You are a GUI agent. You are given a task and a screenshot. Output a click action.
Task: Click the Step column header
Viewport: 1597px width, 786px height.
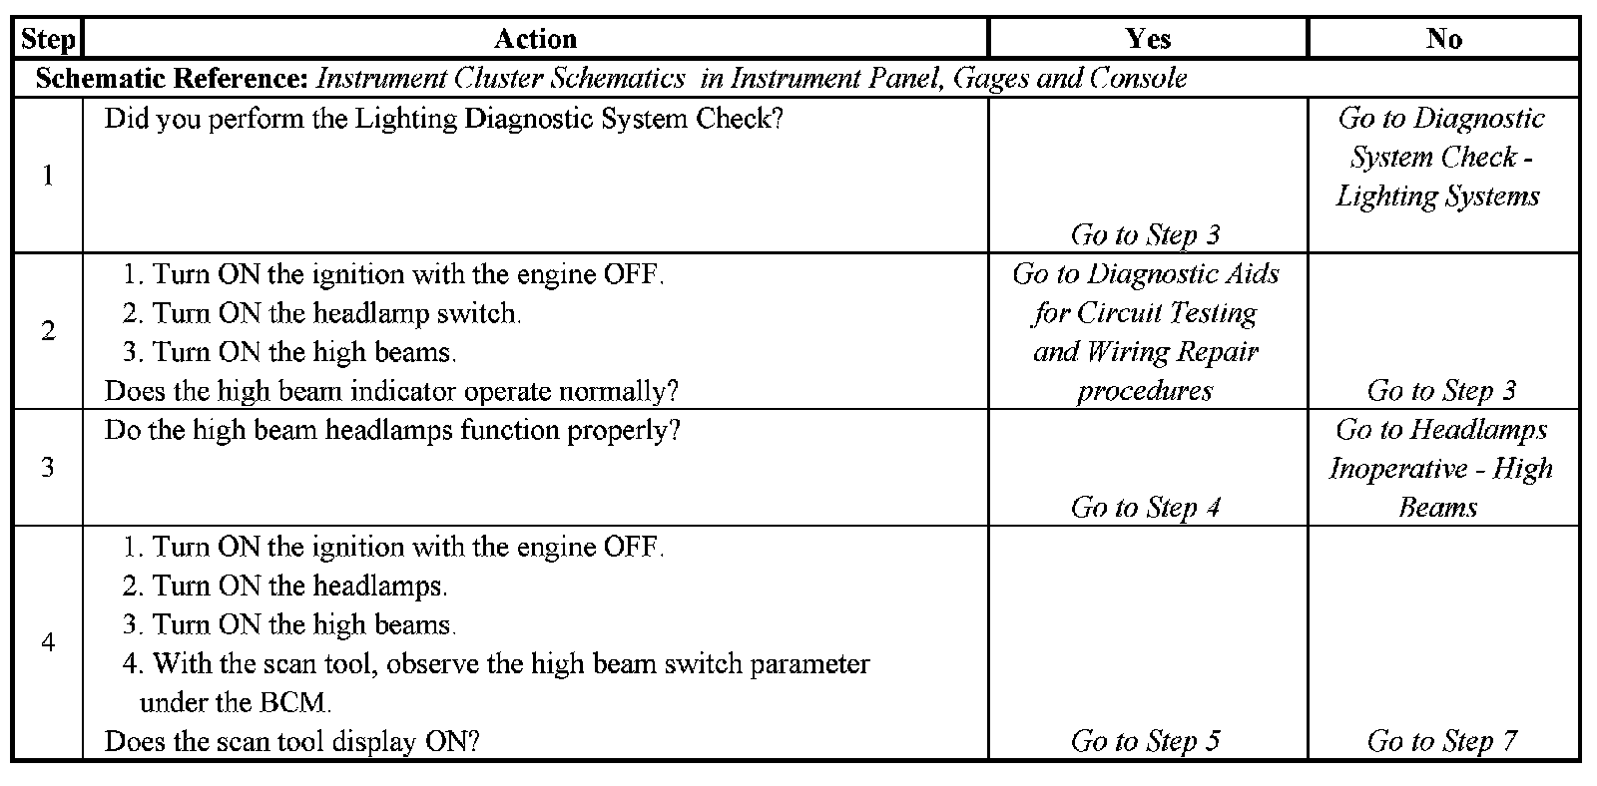coord(47,39)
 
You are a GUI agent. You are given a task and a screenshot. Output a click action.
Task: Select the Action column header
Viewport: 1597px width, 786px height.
coord(535,39)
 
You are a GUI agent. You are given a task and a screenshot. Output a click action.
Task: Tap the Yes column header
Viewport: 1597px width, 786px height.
coord(1147,39)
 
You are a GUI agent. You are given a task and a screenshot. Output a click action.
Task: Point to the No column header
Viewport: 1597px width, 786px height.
coord(1443,39)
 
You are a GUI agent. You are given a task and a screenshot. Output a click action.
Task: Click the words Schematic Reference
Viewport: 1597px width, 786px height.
coord(175,78)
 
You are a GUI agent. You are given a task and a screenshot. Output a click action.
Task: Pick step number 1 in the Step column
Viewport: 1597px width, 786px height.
coord(47,176)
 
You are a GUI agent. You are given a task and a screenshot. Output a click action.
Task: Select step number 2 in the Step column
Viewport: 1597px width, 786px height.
coord(47,331)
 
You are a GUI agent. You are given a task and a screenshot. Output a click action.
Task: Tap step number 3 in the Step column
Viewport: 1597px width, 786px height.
coord(47,467)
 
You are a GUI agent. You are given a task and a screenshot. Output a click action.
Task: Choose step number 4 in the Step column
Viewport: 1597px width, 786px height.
coord(47,642)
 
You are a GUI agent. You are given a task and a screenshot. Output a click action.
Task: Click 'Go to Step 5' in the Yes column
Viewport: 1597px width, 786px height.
coord(1145,741)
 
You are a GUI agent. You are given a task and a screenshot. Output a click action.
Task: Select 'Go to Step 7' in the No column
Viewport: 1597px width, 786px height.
coord(1441,741)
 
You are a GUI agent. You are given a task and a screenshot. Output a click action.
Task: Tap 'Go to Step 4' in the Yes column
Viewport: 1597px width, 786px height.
coord(1145,508)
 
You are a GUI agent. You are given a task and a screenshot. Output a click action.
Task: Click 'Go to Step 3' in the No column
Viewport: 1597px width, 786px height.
coord(1441,391)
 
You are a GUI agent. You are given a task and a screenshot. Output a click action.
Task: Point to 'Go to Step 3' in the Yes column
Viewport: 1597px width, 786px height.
coord(1145,235)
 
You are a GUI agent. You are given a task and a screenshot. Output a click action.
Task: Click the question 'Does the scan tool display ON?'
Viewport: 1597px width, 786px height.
coord(292,742)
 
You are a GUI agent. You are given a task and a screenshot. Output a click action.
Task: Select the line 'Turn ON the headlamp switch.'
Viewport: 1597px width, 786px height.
coord(335,313)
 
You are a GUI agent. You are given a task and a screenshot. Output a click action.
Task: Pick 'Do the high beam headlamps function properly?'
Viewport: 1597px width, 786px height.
coord(392,431)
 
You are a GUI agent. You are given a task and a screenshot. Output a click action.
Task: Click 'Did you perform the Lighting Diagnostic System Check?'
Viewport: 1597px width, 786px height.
coord(443,119)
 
